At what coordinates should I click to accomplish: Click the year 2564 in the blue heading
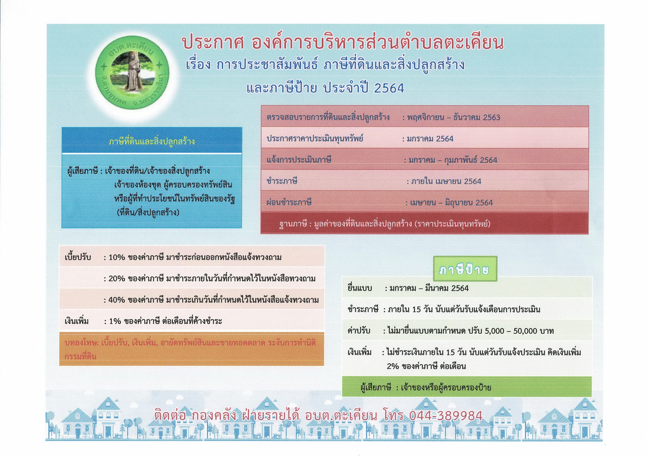coord(389,88)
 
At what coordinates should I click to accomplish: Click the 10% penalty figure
coord(117,257)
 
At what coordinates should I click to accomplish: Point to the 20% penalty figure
coord(117,279)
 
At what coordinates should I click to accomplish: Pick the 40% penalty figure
coord(117,300)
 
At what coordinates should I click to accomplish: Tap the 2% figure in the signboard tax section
coord(393,366)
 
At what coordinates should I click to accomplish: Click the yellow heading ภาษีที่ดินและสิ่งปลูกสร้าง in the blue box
coord(152,141)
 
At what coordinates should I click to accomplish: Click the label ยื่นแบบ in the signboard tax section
coord(360,288)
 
